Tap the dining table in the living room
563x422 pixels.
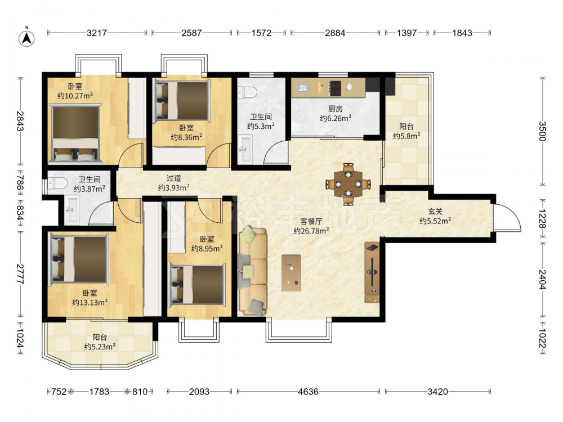[348, 184]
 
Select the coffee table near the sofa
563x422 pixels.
[291, 273]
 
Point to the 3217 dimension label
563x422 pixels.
[97, 33]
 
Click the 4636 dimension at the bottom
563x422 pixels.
[308, 392]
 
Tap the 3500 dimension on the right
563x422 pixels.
[542, 131]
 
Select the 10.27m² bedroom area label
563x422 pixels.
[75, 96]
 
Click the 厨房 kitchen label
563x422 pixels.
[336, 109]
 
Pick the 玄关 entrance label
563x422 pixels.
[435, 212]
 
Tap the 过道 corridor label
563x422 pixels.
[174, 178]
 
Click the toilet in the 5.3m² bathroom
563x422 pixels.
[247, 92]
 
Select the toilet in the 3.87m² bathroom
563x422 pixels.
[57, 183]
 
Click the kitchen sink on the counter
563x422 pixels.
[302, 88]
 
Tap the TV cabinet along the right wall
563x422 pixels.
[372, 272]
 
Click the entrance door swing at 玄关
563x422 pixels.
[507, 217]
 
